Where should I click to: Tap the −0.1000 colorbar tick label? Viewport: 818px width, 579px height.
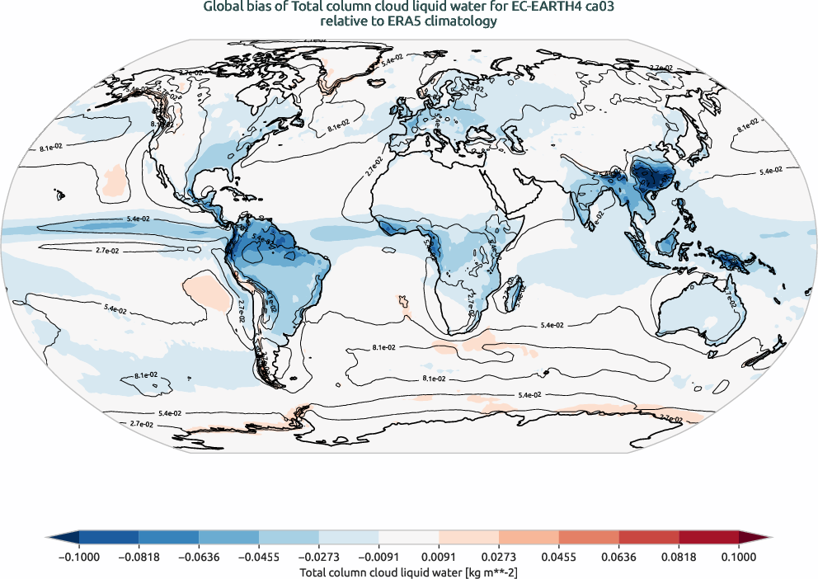point(78,557)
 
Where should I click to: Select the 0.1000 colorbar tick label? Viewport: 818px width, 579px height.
point(738,557)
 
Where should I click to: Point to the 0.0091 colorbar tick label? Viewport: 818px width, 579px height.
point(438,557)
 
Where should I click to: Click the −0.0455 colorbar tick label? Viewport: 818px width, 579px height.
point(259,557)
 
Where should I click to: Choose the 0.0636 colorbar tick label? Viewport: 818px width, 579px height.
point(618,557)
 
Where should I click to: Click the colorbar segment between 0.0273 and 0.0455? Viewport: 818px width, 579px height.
point(528,537)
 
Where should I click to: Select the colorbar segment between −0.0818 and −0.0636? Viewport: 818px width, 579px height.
point(168,537)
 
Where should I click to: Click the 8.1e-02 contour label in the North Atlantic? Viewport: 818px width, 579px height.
point(337,128)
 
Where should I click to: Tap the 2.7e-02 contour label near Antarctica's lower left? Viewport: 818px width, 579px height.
point(142,423)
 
